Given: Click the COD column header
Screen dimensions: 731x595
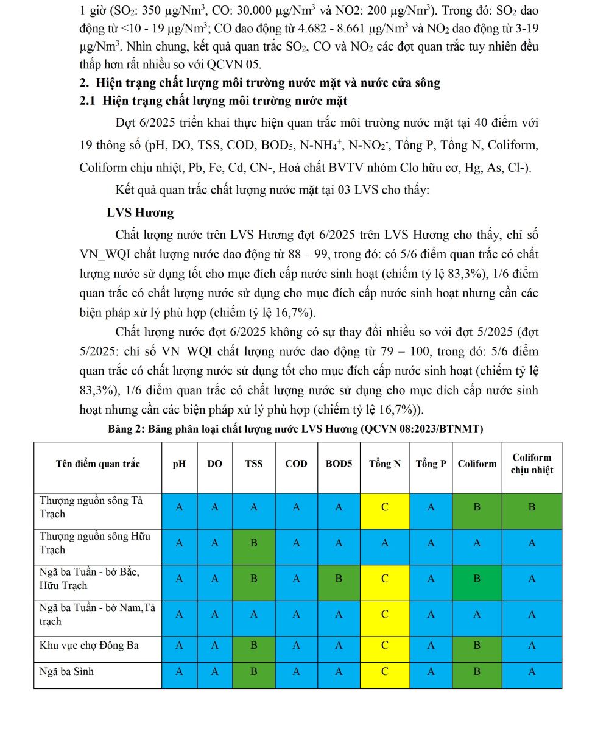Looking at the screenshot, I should coord(296,464).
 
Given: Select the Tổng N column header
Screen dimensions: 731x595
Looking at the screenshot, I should coord(384,464).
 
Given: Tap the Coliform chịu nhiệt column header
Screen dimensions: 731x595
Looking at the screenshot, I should coord(532,464).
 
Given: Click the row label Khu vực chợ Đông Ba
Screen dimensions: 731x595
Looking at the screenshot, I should coord(89,645).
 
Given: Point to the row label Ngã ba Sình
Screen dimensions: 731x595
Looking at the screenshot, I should coord(67,672).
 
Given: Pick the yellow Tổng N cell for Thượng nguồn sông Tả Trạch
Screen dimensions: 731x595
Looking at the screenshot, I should coord(384,507).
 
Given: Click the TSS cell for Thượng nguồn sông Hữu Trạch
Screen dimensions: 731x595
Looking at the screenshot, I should coord(253,543).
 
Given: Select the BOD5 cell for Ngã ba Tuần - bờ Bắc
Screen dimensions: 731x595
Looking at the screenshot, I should coord(339,579).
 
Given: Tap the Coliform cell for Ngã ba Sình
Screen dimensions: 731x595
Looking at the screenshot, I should coord(477,672).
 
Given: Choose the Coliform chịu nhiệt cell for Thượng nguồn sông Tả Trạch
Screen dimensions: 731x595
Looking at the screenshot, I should coord(532,507).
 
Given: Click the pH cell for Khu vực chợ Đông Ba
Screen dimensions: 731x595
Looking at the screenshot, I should coord(179,645).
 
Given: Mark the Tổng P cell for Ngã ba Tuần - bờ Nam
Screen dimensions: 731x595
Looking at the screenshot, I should coord(431,615).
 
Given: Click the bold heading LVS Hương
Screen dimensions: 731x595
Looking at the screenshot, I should coord(140,213).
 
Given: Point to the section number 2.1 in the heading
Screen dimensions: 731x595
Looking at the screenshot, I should coord(88,101).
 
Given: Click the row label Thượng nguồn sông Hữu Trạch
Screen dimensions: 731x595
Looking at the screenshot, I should coord(94,543).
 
